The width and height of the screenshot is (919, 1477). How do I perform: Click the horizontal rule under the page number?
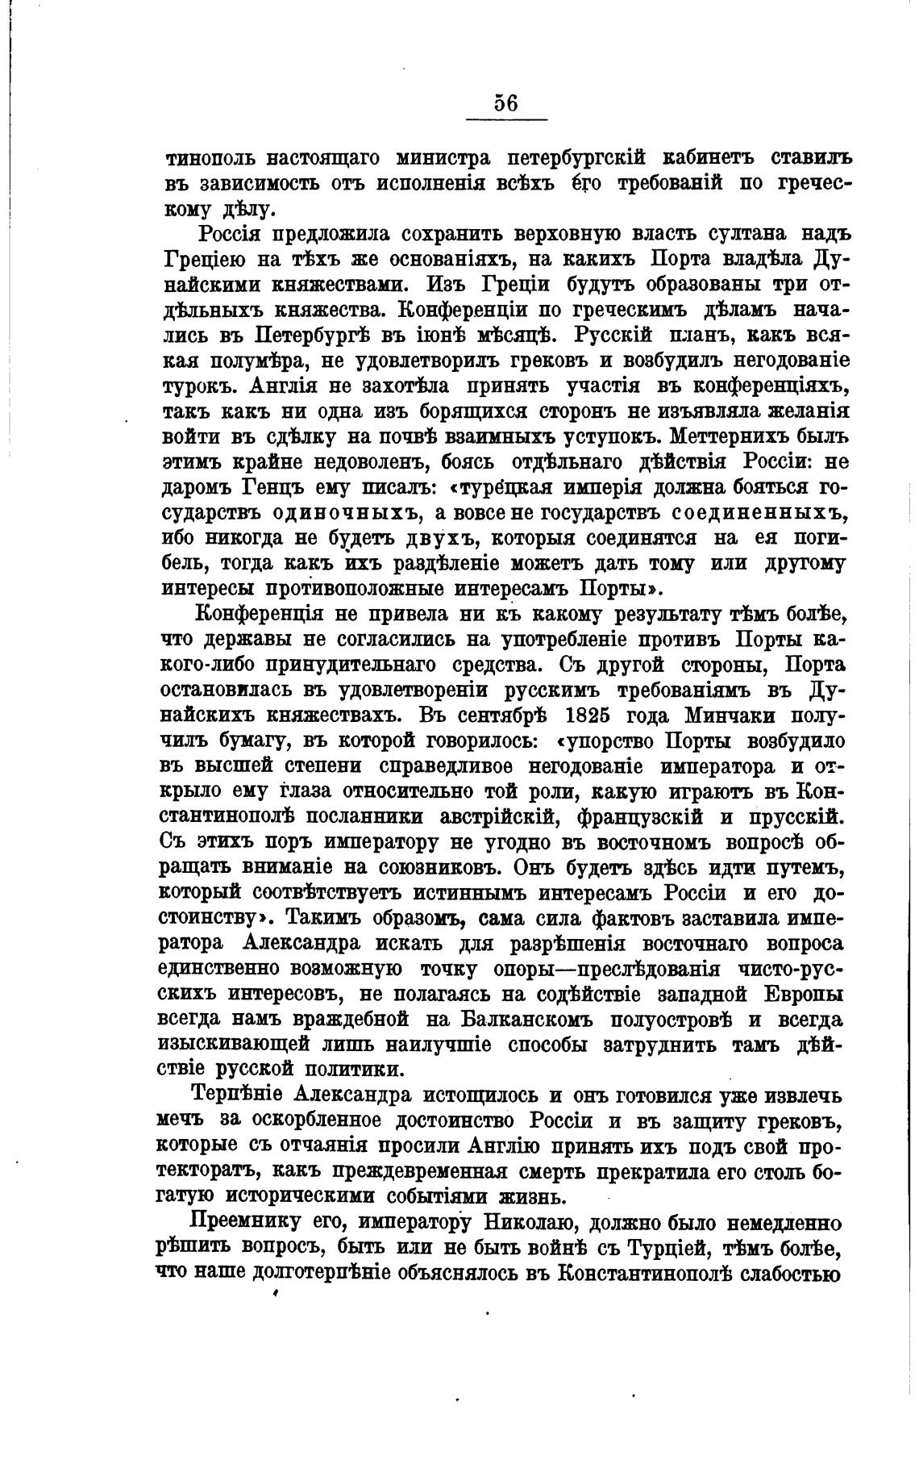(506, 120)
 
